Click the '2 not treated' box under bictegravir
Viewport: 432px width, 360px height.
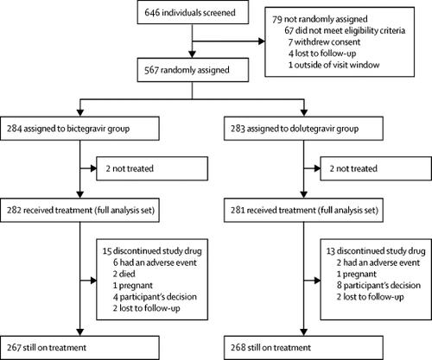(152, 170)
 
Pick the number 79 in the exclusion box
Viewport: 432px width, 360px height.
(277, 16)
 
